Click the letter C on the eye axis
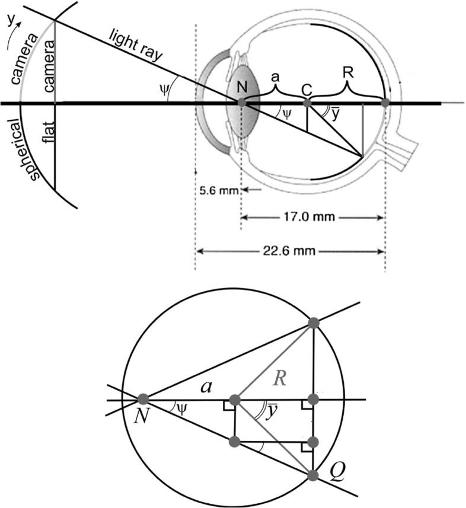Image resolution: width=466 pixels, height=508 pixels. tap(306, 89)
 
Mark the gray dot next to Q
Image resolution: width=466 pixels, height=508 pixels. tap(314, 474)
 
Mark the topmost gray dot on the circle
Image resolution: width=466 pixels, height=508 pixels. tap(314, 323)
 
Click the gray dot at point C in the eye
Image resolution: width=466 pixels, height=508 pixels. tap(307, 103)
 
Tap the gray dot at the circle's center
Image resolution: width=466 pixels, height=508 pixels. tap(235, 400)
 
